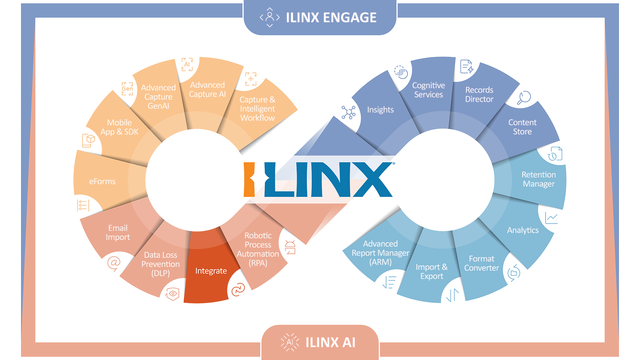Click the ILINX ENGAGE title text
(x=331, y=17)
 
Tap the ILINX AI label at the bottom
(x=330, y=342)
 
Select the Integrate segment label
(x=211, y=271)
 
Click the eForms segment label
(x=102, y=181)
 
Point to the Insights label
(x=380, y=110)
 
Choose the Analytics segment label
(x=523, y=230)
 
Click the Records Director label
(x=479, y=94)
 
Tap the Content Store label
(x=522, y=127)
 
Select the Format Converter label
(x=481, y=263)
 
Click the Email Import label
(x=118, y=232)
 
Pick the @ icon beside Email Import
(x=114, y=263)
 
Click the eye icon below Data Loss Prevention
(x=173, y=294)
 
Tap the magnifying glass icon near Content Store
(x=524, y=98)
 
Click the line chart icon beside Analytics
(x=551, y=218)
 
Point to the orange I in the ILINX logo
(x=249, y=179)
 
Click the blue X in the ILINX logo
(x=372, y=179)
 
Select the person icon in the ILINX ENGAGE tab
(x=270, y=17)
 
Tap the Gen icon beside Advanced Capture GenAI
(x=127, y=89)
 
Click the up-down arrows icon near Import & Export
(x=452, y=295)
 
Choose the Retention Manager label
(x=539, y=179)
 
